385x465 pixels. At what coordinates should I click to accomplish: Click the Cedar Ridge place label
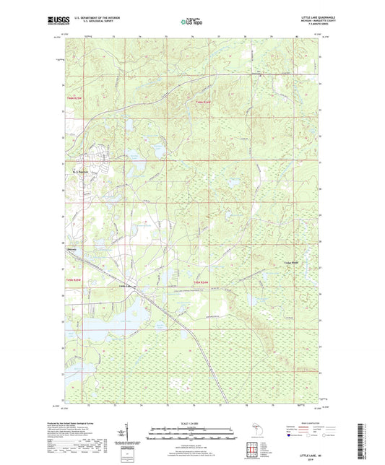pyautogui.click(x=291, y=261)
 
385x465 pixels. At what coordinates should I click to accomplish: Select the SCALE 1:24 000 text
pyautogui.click(x=191, y=423)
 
